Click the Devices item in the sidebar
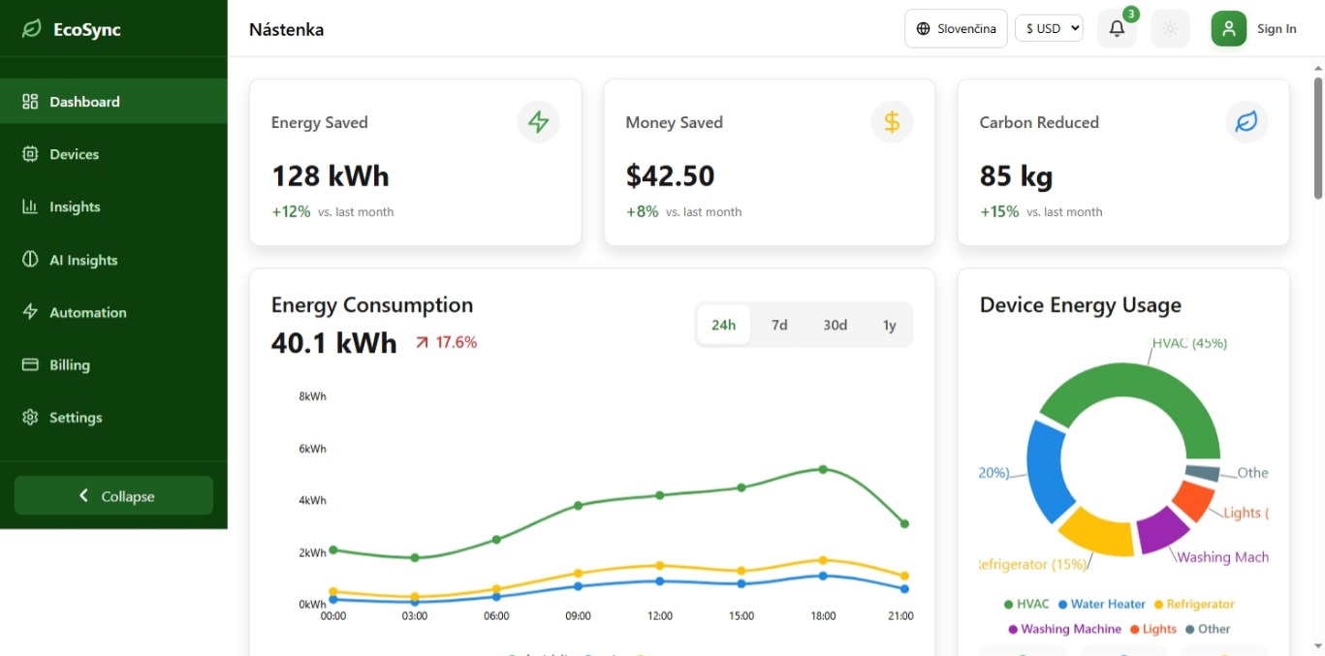coord(74,154)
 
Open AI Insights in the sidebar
coord(83,260)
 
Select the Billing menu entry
coord(69,365)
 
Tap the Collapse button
coord(113,496)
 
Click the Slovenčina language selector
coord(956,29)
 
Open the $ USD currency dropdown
coord(1049,29)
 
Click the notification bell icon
coord(1117,29)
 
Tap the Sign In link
coord(1276,29)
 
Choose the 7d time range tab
coord(779,326)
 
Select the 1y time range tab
coord(889,326)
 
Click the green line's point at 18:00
coord(823,469)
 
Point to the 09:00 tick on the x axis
coord(578,616)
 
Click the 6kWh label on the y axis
coord(312,449)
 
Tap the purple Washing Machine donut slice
coord(1160,530)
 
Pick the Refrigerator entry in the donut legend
coord(1200,605)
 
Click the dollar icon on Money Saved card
coord(892,122)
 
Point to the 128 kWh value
coord(330,176)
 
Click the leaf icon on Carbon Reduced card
coord(1246,122)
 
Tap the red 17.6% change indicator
coord(447,342)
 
